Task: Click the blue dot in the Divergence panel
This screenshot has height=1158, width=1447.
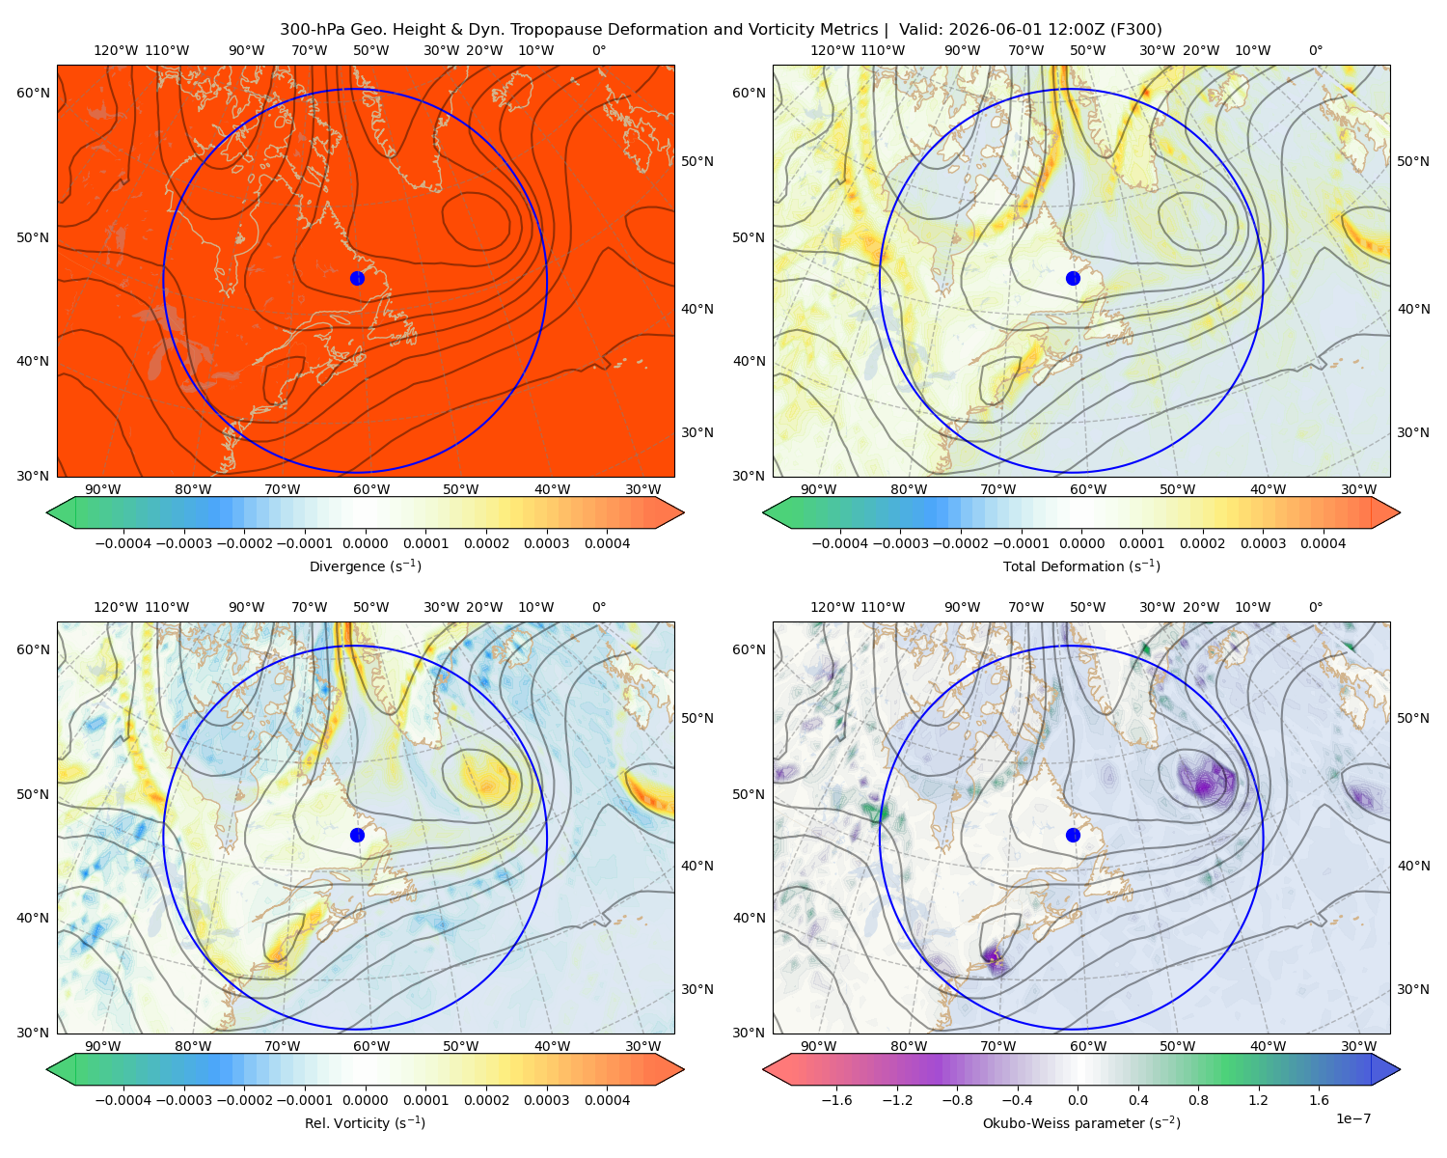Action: pos(357,278)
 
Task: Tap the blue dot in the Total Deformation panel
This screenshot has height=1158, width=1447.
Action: pos(1073,278)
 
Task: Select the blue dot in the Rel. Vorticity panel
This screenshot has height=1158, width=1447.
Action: pos(357,835)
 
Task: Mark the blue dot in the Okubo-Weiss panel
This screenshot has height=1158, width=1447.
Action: pos(1073,835)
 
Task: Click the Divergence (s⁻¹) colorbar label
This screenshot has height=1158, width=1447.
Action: pos(365,565)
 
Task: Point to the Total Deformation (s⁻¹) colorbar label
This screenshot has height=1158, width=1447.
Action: pos(1081,565)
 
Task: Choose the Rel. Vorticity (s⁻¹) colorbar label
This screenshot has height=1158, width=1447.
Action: pos(365,1122)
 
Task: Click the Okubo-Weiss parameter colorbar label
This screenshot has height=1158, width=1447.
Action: pos(1081,1122)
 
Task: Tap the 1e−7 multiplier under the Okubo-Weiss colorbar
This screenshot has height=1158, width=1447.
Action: pos(1352,1118)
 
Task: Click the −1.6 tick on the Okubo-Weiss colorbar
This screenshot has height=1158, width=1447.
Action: pos(837,1099)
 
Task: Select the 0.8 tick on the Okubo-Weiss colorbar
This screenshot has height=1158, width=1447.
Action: pos(1198,1099)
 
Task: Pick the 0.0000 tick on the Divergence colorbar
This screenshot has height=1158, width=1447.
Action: pos(365,543)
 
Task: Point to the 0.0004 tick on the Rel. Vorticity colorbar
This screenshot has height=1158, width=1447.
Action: pos(607,1099)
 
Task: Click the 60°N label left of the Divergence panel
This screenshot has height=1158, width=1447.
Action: pos(33,93)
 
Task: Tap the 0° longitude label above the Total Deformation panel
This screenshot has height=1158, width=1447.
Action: pos(1315,50)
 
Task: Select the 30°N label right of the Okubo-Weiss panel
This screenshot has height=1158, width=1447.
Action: pos(1412,989)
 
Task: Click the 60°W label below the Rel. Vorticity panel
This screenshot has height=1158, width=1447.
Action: pos(371,1046)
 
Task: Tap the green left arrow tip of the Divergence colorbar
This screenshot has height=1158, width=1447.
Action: pos(47,512)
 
